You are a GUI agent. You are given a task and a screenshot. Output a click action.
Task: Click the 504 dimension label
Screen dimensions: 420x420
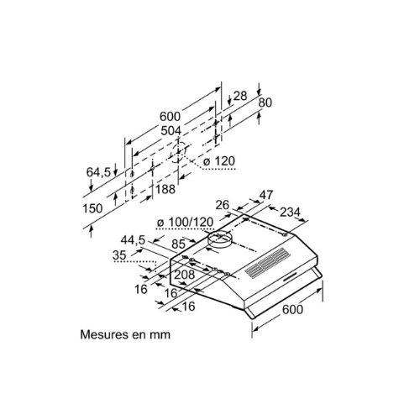tap(171, 131)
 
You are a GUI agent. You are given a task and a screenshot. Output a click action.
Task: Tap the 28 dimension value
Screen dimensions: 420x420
tap(240, 96)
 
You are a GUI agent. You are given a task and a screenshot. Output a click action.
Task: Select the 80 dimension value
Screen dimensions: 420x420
tap(265, 102)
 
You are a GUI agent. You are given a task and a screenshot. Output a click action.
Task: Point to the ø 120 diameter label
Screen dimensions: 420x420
tap(219, 161)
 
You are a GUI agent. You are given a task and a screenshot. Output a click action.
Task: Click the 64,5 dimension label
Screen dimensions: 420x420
tap(98, 172)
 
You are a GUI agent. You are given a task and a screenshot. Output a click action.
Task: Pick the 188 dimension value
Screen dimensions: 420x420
tap(165, 190)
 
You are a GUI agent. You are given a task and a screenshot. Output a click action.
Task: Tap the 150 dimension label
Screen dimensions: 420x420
tap(92, 208)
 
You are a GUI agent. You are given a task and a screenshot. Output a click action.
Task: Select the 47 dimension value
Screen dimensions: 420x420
tap(265, 195)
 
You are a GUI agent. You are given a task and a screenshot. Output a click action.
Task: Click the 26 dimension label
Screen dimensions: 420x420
tap(223, 205)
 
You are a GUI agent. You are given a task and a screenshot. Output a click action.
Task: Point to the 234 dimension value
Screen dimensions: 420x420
tap(290, 212)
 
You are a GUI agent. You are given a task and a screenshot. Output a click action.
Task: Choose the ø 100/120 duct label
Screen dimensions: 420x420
tap(185, 223)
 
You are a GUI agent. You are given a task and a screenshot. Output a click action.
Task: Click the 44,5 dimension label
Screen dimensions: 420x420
tap(133, 240)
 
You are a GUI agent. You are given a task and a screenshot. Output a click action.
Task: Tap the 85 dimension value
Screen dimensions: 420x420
tap(178, 244)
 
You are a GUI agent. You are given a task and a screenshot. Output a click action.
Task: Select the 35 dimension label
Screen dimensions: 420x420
tap(119, 255)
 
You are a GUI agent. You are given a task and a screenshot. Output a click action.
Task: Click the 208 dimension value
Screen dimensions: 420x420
tap(185, 275)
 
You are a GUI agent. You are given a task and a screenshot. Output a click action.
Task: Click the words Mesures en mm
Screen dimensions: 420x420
tap(125, 334)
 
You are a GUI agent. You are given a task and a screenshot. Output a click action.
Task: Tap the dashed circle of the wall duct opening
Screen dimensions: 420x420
tap(178, 153)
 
